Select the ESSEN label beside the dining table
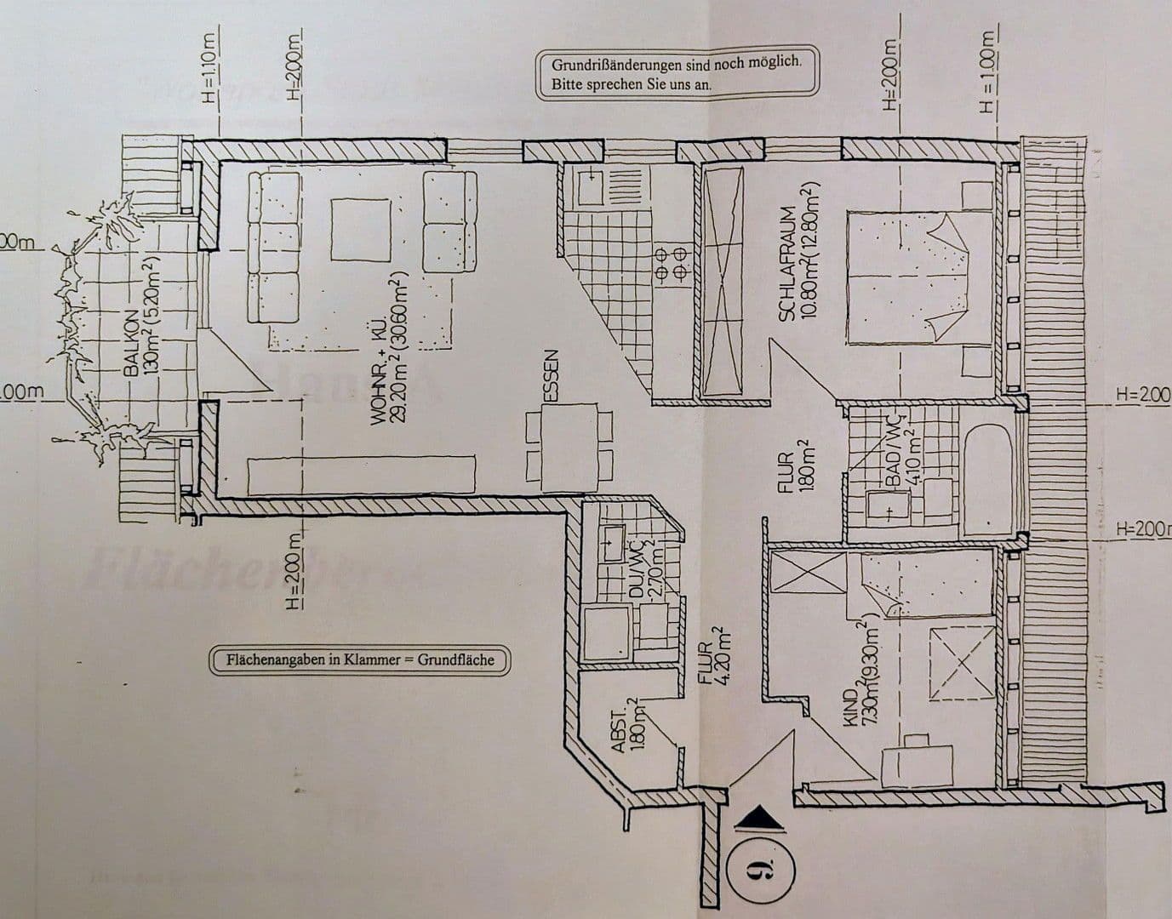(552, 375)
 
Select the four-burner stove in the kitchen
(669, 264)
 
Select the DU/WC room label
(635, 574)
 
